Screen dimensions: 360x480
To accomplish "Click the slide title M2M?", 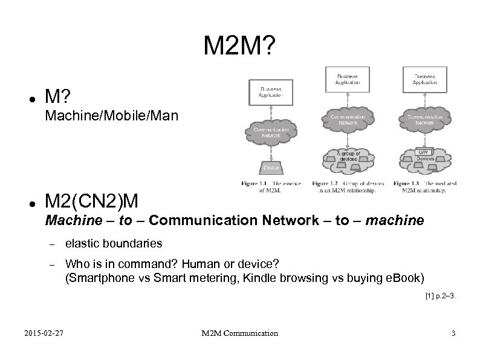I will (x=239, y=45).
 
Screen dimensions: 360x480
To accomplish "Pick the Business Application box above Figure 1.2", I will (x=348, y=79).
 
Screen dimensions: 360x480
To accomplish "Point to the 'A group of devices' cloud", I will (x=348, y=159).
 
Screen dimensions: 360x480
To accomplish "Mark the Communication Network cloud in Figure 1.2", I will (x=348, y=119).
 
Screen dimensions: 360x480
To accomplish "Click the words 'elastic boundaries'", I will (x=114, y=243).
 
